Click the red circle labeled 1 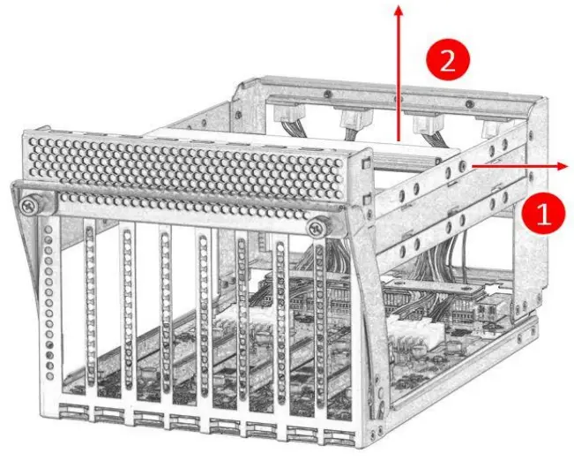click(x=542, y=213)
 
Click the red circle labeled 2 click(x=447, y=60)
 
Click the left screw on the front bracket click(x=30, y=205)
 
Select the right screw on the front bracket click(x=317, y=228)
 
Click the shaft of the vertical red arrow click(x=399, y=79)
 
